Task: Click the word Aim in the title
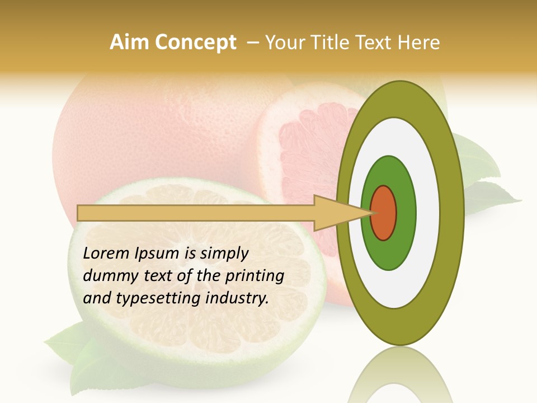[x=128, y=43]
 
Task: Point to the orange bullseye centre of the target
[x=384, y=213]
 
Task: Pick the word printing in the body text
[x=255, y=276]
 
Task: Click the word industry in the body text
[x=237, y=298]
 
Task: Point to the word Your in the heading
[x=284, y=43]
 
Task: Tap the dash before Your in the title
[x=253, y=43]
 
